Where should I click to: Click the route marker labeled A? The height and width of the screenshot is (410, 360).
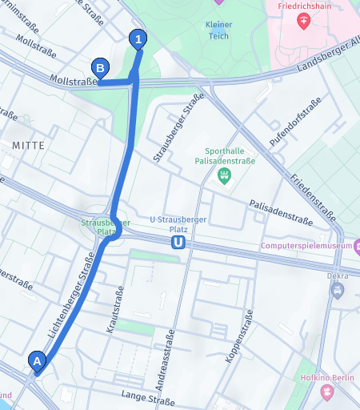click(36, 361)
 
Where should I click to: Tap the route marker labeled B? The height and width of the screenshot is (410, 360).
click(100, 69)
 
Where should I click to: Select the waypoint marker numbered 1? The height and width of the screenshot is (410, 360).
click(139, 38)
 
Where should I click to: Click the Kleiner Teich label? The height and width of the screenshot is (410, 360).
click(218, 30)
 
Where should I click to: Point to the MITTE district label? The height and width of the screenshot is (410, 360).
click(29, 145)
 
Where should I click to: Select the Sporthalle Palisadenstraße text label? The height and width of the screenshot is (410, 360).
click(224, 155)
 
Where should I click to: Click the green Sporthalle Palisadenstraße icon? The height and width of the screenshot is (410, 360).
click(224, 174)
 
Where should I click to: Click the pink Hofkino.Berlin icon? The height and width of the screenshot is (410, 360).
click(326, 392)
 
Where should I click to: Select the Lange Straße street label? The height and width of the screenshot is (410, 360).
click(147, 397)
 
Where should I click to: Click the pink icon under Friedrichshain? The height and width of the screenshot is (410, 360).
click(303, 21)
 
